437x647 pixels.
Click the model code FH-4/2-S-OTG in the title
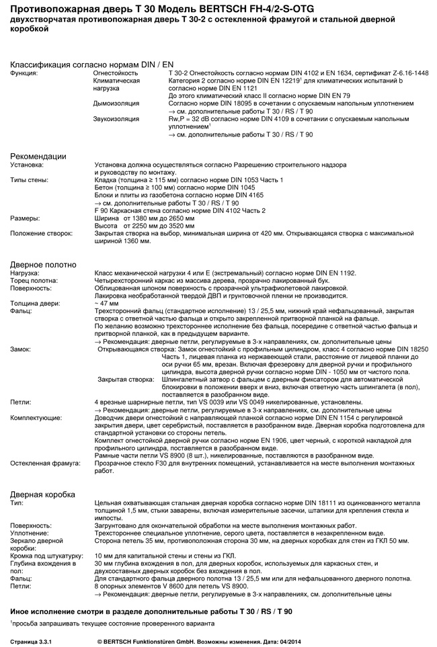click(267, 9)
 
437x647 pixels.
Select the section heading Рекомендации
click(38, 156)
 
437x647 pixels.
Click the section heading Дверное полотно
click(43, 265)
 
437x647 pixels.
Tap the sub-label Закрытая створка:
click(126, 379)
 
